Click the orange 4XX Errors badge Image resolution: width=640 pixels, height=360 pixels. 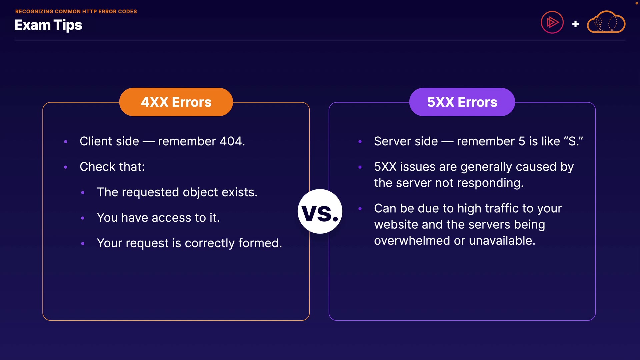[x=176, y=102]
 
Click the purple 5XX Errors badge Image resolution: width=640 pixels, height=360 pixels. [x=462, y=102]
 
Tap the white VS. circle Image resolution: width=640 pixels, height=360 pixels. [x=320, y=212]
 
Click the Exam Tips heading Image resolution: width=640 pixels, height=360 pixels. [x=48, y=25]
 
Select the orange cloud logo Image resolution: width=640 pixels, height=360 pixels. [x=606, y=22]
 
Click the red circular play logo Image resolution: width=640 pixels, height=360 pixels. [x=552, y=22]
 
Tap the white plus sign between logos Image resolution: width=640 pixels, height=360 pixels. [x=575, y=24]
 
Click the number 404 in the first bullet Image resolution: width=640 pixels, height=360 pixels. [x=232, y=141]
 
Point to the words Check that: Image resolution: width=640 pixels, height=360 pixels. [x=112, y=167]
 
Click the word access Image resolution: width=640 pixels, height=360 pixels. [x=172, y=218]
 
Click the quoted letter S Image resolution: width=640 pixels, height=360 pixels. [x=573, y=141]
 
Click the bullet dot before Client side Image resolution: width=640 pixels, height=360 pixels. [x=66, y=142]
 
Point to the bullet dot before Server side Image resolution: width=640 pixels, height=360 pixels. [x=360, y=142]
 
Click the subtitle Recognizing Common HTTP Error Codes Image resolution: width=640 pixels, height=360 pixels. [x=76, y=11]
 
